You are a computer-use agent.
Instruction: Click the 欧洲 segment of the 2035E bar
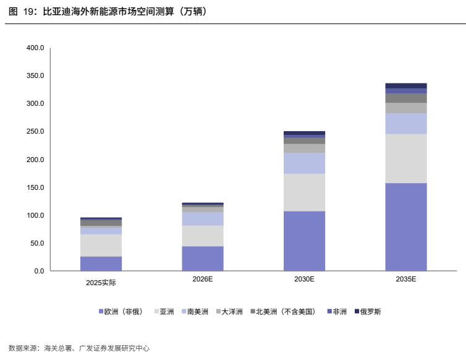(x=406, y=227)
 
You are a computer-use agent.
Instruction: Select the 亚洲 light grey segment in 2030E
(x=304, y=192)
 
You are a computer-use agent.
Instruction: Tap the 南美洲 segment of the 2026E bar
(x=203, y=219)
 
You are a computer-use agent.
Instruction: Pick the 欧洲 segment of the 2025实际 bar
(x=101, y=264)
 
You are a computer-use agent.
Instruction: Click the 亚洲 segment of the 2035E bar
(x=406, y=158)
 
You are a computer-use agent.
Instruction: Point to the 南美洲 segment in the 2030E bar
(x=304, y=163)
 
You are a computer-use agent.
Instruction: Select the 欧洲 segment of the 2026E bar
(x=203, y=259)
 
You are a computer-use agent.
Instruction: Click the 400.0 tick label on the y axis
(x=35, y=48)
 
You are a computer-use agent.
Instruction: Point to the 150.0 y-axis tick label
(x=35, y=187)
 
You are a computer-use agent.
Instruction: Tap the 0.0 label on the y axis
(x=39, y=271)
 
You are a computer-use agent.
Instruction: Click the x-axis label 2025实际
(x=101, y=283)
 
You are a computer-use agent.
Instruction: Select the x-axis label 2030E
(x=304, y=279)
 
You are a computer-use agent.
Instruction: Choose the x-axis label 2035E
(x=406, y=279)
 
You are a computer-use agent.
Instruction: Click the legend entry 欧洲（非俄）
(x=121, y=312)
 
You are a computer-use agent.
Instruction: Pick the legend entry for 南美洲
(x=195, y=312)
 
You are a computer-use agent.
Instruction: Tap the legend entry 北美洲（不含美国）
(x=283, y=312)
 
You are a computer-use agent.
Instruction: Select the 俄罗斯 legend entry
(x=368, y=312)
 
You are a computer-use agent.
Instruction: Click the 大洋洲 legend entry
(x=229, y=312)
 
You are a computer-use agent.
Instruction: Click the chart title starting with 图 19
(x=108, y=12)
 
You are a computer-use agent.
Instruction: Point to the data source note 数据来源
(x=79, y=348)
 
